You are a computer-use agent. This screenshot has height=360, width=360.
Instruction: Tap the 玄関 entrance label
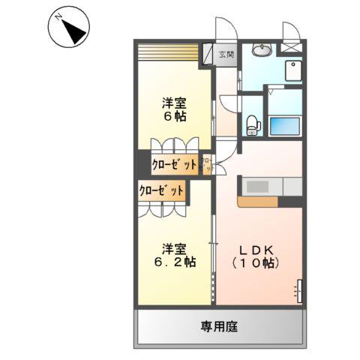point(226,54)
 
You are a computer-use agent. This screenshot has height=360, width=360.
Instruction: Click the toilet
point(253,123)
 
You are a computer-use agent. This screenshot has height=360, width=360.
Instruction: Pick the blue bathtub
point(285,123)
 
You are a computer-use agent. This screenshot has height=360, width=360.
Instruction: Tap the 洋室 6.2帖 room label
point(175,256)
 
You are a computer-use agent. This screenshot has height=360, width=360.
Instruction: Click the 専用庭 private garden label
point(220,327)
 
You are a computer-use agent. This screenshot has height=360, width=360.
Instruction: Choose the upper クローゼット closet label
point(174,164)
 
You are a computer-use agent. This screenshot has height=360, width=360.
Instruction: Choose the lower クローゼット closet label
point(161,190)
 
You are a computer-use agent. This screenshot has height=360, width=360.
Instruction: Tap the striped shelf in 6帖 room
point(170,54)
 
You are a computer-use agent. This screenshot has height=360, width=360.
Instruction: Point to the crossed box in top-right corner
point(289,46)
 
